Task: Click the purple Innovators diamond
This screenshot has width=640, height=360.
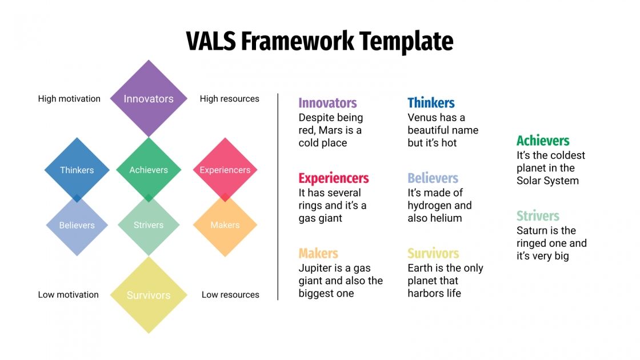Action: click(x=149, y=98)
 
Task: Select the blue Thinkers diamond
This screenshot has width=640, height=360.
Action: click(x=77, y=170)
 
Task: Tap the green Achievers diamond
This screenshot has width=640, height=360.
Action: click(x=149, y=170)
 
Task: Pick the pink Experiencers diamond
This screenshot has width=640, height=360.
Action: click(x=225, y=170)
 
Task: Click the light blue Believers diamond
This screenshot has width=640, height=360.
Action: click(x=77, y=225)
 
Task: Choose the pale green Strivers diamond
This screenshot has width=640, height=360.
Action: click(x=149, y=225)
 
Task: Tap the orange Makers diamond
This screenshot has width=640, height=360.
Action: click(x=225, y=225)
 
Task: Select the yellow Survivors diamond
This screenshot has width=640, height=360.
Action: click(x=149, y=295)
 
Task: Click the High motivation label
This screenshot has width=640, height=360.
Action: click(x=69, y=99)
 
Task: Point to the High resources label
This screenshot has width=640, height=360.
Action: click(x=229, y=99)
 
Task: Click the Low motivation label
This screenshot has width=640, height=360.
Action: click(x=68, y=295)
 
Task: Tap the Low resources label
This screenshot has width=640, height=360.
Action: click(x=230, y=295)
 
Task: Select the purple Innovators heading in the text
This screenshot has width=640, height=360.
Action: click(x=327, y=103)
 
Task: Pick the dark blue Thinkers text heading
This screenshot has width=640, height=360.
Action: click(x=431, y=103)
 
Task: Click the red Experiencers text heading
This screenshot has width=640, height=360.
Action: click(x=334, y=178)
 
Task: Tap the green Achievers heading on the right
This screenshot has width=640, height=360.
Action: click(x=543, y=141)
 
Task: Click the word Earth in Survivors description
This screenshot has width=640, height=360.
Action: click(x=419, y=268)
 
